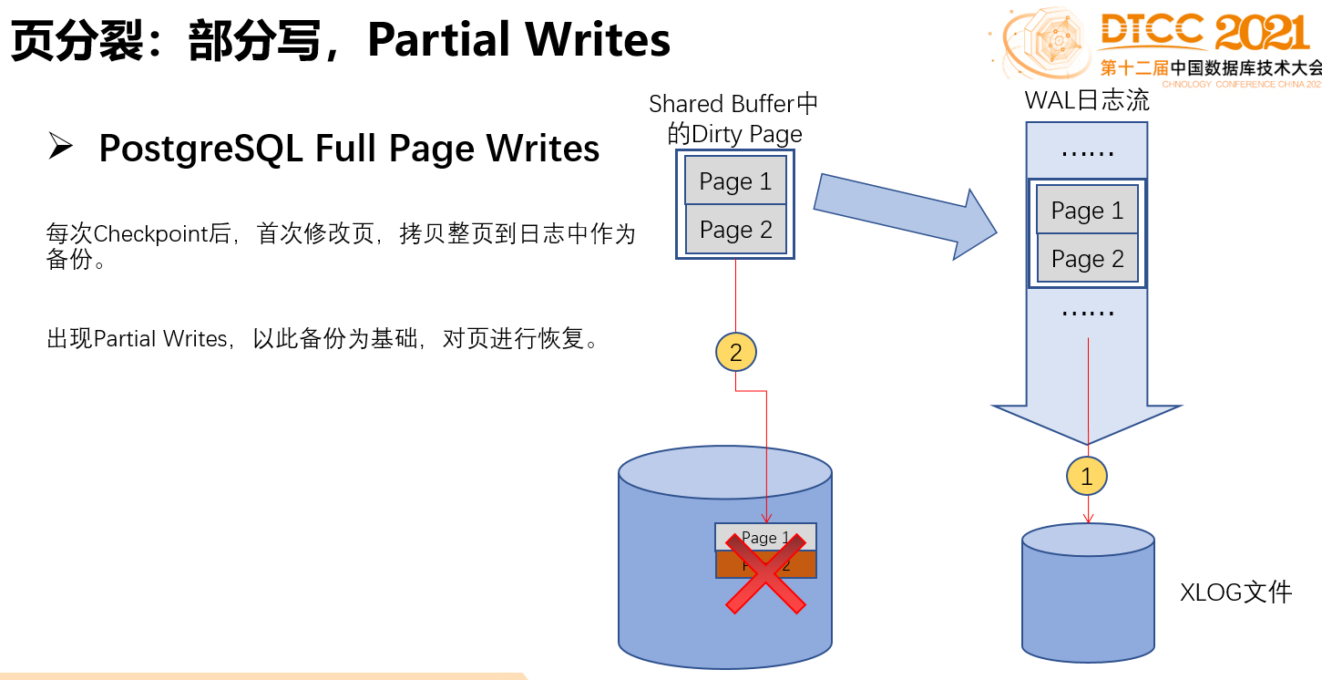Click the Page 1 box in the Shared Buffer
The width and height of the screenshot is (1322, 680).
[x=735, y=181]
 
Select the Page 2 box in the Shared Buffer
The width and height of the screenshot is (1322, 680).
[x=735, y=230]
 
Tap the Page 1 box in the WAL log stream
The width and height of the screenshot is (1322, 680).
[x=1087, y=211]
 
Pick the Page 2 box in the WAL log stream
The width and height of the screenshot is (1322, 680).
[x=1087, y=259]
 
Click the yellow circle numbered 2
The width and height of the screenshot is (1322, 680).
[x=736, y=353]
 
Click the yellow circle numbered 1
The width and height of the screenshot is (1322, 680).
[x=1087, y=475]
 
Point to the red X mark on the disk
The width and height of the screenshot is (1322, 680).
[x=764, y=573]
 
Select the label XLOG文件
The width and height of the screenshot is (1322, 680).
[x=1235, y=592]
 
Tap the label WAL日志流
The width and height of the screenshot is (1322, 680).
[x=1087, y=100]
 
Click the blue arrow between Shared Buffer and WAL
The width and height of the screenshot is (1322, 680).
[x=902, y=214]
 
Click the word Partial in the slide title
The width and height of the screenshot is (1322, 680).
[x=438, y=40]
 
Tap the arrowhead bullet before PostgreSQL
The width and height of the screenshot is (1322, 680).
[x=60, y=147]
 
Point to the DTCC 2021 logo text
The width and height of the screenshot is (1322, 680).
[x=1203, y=34]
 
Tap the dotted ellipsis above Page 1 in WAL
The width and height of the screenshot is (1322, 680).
[x=1087, y=154]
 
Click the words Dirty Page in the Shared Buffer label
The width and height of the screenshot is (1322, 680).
[x=747, y=134]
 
